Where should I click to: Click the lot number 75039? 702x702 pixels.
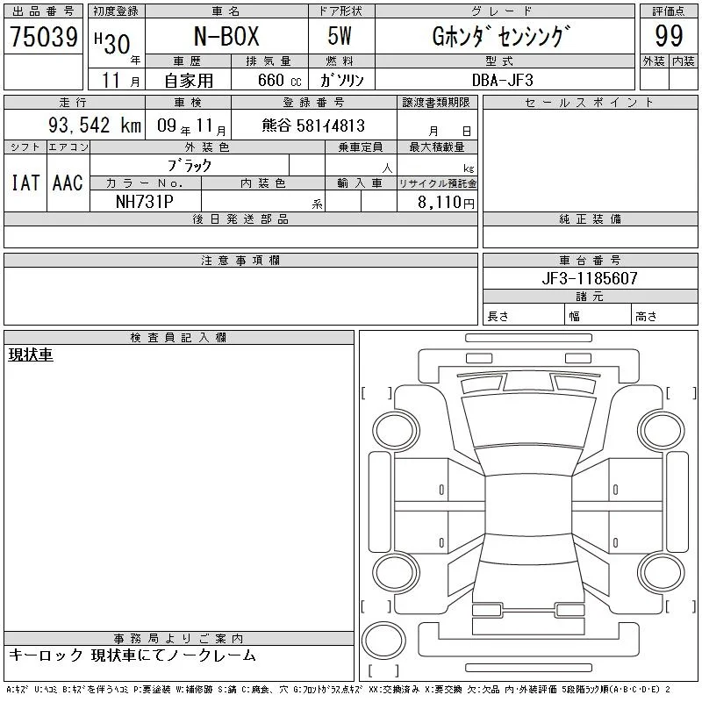point(44,36)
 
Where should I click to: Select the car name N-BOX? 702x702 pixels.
point(226,36)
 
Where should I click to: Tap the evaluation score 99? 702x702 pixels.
point(669,36)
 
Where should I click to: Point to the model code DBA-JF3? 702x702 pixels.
point(503,80)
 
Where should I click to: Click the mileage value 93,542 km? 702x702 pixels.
point(95,125)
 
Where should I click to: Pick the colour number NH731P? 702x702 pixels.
point(145,202)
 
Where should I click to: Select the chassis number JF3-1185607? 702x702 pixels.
point(590,278)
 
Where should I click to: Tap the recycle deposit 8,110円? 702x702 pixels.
point(446,203)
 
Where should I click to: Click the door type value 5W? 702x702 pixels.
point(340,36)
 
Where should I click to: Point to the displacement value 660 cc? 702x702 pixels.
point(280,80)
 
